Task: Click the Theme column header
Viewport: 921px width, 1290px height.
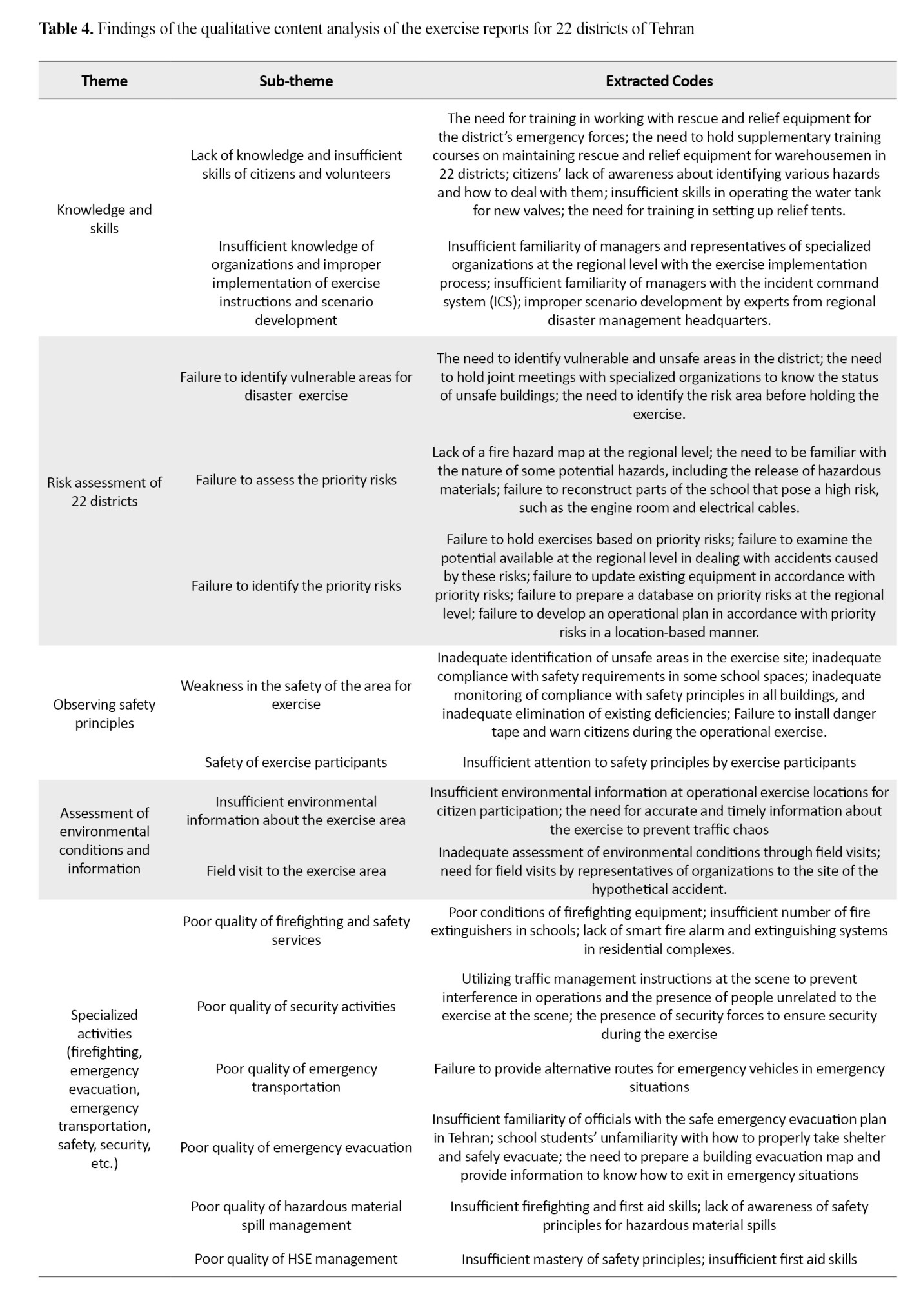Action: (104, 81)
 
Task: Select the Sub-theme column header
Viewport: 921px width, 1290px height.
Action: (296, 81)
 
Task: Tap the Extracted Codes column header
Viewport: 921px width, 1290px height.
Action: (659, 81)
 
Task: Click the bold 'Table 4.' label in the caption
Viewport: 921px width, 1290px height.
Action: (66, 29)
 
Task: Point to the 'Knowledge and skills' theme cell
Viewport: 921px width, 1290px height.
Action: (104, 219)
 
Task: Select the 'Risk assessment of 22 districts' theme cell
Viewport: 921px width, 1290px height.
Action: (104, 491)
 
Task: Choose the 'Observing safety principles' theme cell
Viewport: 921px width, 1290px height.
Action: (104, 713)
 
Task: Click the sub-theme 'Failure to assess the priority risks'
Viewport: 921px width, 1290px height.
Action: (296, 480)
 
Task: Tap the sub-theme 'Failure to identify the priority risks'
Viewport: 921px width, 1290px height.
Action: (296, 586)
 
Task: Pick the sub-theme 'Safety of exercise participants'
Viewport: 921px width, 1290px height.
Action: (296, 762)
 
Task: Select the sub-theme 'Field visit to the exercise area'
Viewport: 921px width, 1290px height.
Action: (296, 871)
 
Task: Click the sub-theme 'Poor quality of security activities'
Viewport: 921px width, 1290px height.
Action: (296, 1006)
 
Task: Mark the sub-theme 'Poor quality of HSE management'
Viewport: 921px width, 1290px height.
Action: (296, 1258)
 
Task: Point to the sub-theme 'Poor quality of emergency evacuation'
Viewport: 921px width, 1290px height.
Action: (296, 1147)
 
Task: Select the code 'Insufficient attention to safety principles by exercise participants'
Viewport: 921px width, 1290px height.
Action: (659, 762)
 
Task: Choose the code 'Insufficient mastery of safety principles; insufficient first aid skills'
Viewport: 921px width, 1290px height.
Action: (659, 1258)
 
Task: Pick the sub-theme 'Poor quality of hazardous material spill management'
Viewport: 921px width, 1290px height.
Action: (296, 1215)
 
